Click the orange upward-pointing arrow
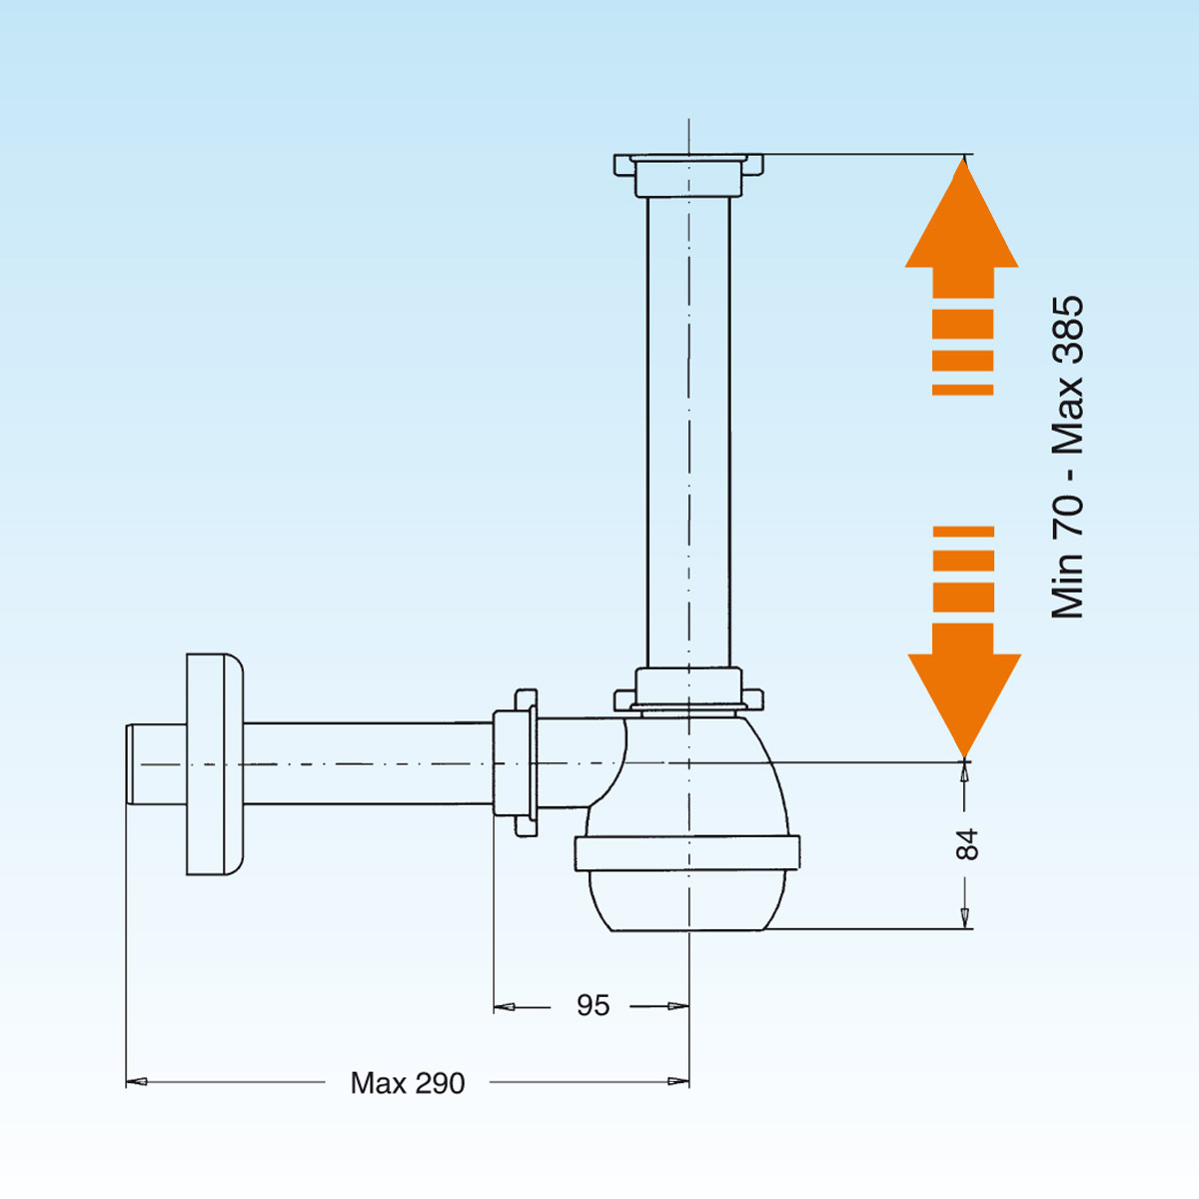[x=962, y=240]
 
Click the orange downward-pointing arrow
[x=964, y=679]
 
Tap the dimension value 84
[x=967, y=845]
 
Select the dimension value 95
[x=593, y=1006]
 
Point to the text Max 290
[x=408, y=1083]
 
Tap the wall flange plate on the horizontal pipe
[x=214, y=764]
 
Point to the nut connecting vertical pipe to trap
[x=688, y=689]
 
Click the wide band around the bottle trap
[x=687, y=853]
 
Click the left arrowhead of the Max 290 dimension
[x=136, y=1081]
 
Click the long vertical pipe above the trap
[x=688, y=430]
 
